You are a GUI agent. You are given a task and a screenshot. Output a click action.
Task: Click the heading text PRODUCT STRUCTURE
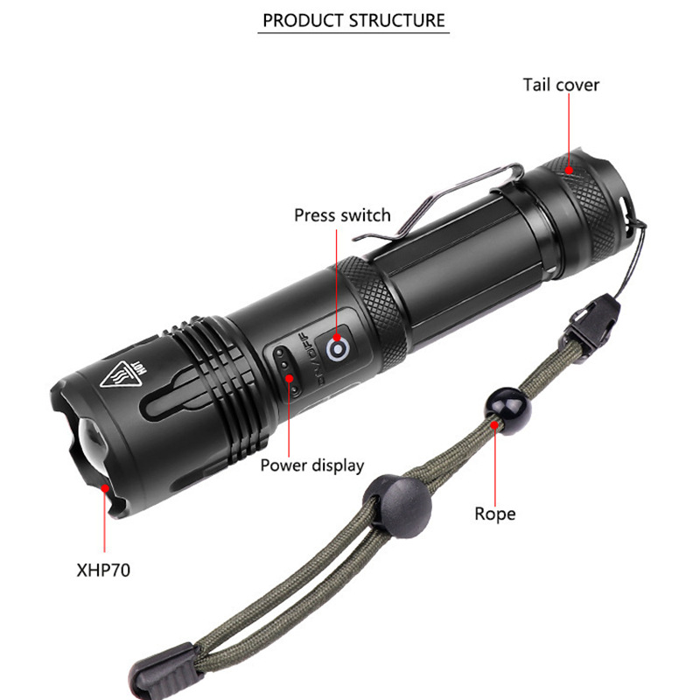click(353, 19)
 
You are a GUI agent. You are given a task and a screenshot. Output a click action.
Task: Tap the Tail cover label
click(561, 85)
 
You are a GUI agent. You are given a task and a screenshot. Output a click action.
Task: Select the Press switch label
click(342, 215)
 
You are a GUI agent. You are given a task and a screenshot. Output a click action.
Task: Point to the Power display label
click(311, 465)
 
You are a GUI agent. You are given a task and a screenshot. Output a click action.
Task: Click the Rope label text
click(495, 514)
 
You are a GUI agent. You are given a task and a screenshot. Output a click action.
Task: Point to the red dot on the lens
click(105, 478)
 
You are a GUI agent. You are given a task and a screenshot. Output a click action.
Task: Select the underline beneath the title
click(353, 34)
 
